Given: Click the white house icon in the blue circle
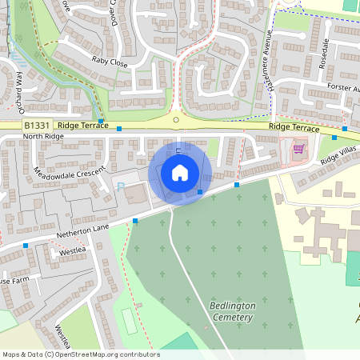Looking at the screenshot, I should [180, 173].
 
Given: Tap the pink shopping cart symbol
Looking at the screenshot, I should [298, 149].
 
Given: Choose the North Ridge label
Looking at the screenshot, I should [42, 137].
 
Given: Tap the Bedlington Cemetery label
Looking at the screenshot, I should [230, 311].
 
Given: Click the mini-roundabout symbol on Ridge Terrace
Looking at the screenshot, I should [176, 121].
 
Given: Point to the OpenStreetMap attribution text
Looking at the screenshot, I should [80, 354].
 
